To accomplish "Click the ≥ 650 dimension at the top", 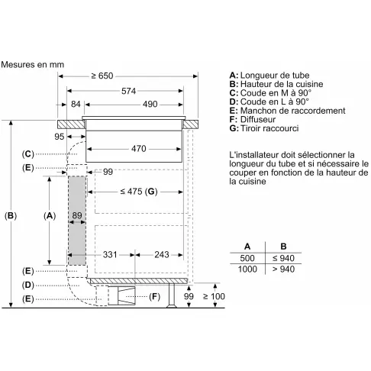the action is click(x=102, y=76).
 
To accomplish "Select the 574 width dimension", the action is click(x=128, y=91).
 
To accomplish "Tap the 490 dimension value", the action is click(x=150, y=104).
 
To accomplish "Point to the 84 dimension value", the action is click(x=76, y=104).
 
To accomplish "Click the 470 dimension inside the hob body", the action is click(x=139, y=149).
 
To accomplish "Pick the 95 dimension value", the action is click(x=60, y=137).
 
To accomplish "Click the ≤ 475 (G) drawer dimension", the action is click(x=139, y=192).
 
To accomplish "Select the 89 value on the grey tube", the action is click(x=77, y=215).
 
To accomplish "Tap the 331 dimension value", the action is click(x=110, y=254).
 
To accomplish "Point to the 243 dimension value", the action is click(x=162, y=254).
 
